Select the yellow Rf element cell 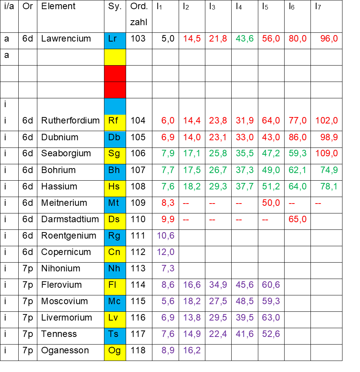tap(115, 122)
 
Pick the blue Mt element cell tap(115, 204)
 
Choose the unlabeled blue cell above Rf tap(115, 106)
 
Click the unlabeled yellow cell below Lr tap(115, 57)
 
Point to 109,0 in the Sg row tap(327, 153)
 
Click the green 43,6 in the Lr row tap(245, 38)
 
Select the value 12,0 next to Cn tap(166, 252)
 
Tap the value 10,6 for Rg tap(166, 236)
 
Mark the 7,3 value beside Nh tap(168, 268)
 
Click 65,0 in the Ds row tap(298, 219)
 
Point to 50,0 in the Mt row tap(271, 203)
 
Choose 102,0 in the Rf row tap(327, 120)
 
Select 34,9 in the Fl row tap(218, 285)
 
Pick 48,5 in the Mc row tap(245, 301)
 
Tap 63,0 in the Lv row tap(271, 317)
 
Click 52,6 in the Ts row tap(271, 334)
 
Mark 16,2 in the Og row tap(192, 350)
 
